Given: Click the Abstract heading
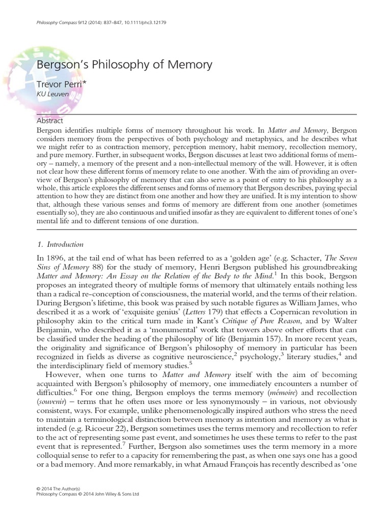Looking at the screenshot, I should [x=50, y=121].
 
